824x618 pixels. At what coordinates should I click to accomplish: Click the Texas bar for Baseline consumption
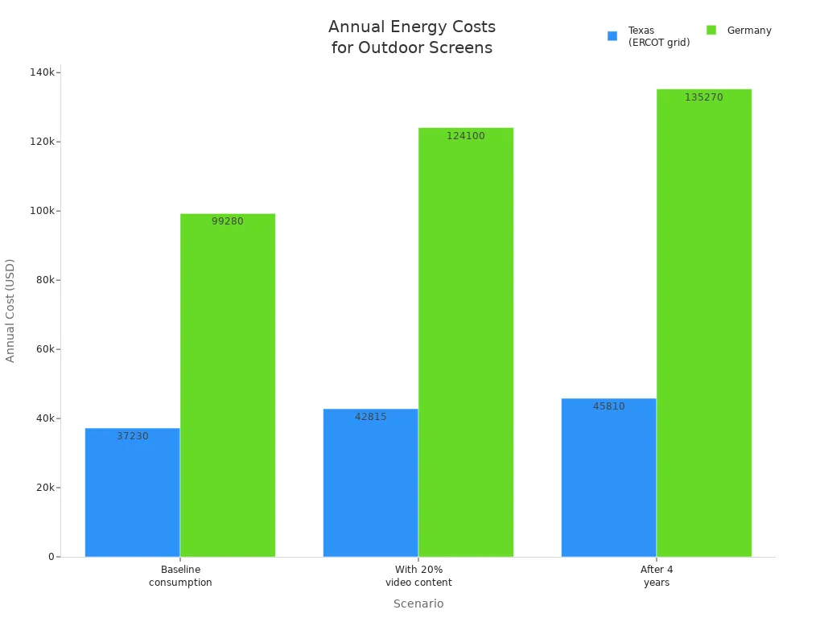(x=132, y=492)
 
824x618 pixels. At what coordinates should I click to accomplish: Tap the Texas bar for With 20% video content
(x=370, y=483)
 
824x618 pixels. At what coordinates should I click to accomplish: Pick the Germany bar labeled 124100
(x=466, y=342)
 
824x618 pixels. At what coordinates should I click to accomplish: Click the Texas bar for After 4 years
(x=608, y=478)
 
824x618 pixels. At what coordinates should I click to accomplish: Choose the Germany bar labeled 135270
(x=704, y=323)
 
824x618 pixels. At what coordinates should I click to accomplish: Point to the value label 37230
(x=133, y=436)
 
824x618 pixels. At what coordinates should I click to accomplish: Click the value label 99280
(x=228, y=221)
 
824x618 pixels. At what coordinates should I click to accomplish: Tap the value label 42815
(x=371, y=417)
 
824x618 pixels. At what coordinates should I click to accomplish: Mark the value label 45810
(x=609, y=406)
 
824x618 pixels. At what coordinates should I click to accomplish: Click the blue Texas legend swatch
(x=612, y=36)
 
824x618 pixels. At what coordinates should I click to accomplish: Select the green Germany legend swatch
(x=711, y=31)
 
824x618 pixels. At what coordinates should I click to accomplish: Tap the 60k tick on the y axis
(x=43, y=349)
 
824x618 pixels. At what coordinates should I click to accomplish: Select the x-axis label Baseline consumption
(x=180, y=576)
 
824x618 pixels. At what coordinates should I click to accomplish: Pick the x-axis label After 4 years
(x=657, y=576)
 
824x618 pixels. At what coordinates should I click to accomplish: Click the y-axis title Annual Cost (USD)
(x=10, y=310)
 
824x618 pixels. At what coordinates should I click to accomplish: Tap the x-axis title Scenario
(x=418, y=604)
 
